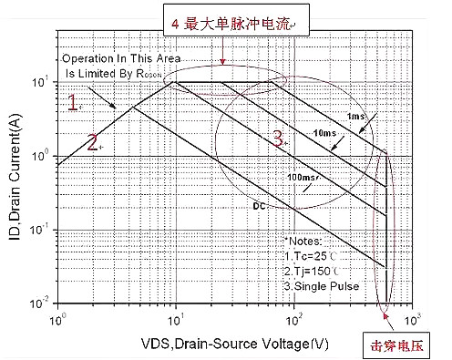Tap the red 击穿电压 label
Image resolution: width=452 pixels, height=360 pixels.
[398, 346]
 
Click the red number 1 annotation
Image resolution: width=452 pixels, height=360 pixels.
[75, 102]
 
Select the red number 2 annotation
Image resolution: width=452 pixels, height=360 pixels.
[92, 140]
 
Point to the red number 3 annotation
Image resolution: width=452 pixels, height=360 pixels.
[279, 139]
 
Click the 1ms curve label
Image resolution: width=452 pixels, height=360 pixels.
[355, 116]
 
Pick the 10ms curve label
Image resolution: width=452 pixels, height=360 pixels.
[324, 134]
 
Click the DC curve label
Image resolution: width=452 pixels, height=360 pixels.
[259, 206]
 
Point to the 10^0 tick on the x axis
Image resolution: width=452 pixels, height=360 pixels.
[59, 318]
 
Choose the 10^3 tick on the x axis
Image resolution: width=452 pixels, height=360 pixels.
[412, 318]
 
